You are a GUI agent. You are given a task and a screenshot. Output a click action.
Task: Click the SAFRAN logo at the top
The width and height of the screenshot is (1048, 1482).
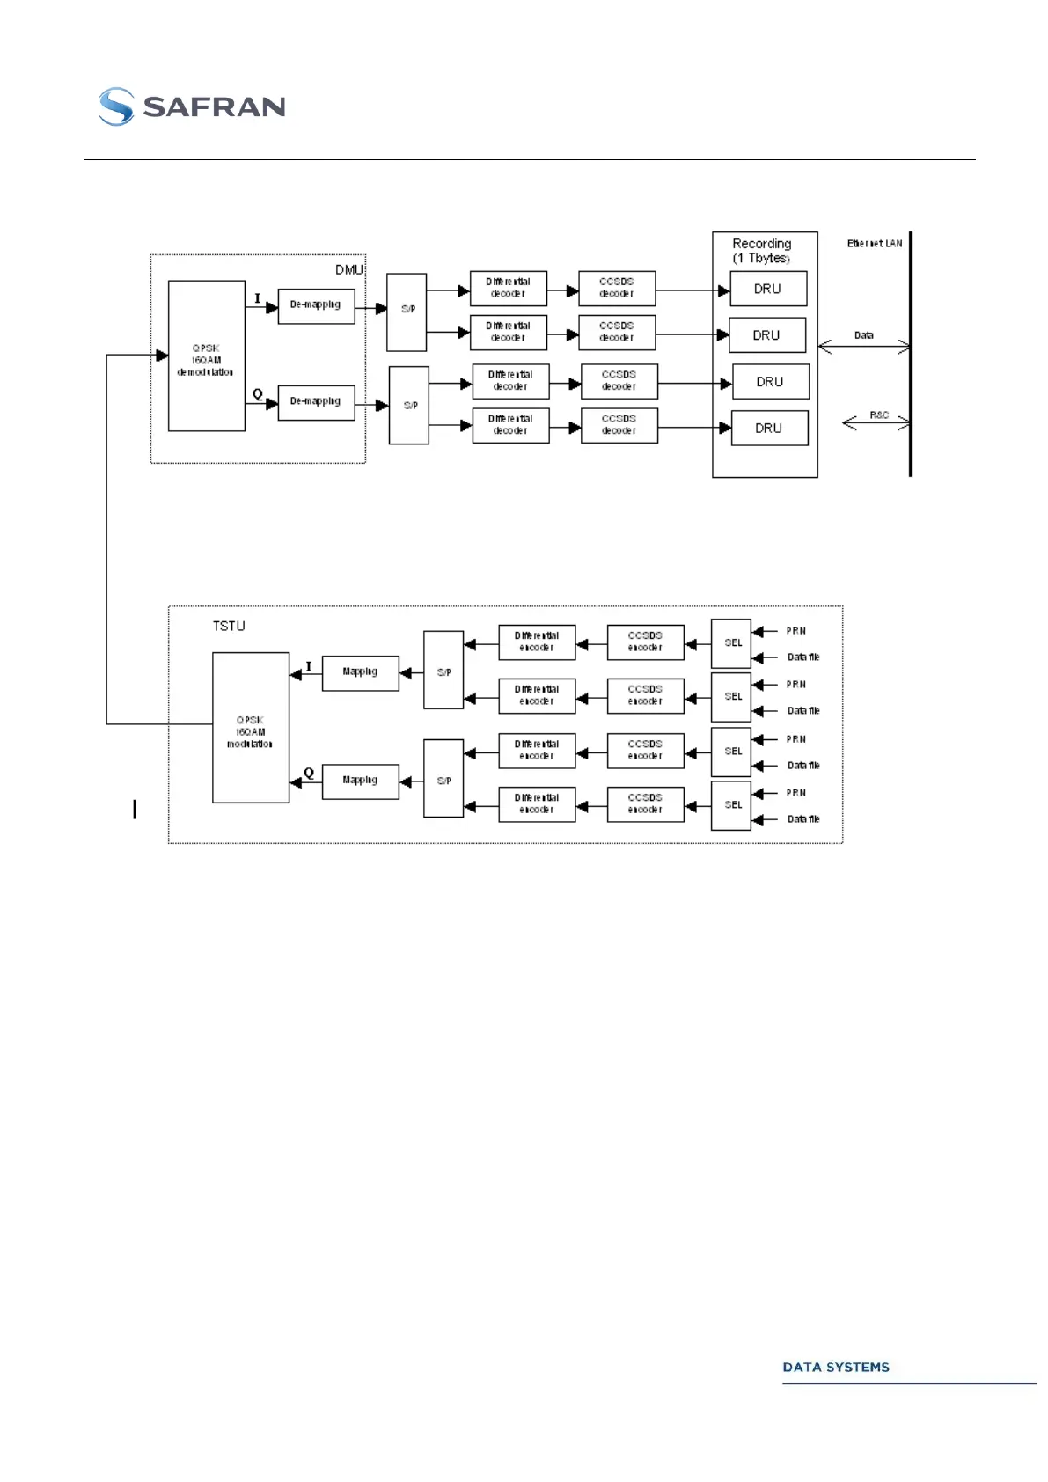[192, 106]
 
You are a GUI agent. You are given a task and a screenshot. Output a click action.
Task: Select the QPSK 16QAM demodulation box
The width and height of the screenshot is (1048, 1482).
[206, 356]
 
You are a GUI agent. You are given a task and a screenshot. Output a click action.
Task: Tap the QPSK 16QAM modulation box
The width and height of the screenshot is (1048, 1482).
[250, 728]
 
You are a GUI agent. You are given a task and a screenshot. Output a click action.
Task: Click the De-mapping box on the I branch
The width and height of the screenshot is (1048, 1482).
[316, 305]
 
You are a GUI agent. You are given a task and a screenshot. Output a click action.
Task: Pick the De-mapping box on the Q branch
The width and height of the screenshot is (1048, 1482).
[316, 402]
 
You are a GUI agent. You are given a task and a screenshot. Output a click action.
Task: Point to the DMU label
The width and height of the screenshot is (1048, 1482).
[348, 269]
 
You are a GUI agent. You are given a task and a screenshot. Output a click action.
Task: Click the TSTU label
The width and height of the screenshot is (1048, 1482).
[229, 626]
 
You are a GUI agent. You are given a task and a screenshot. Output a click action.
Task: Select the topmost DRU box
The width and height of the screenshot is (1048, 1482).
[767, 289]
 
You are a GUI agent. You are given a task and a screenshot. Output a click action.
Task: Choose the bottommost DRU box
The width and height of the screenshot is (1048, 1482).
[769, 428]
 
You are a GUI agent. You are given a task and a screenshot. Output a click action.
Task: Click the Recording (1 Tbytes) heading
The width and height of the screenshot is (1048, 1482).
[762, 251]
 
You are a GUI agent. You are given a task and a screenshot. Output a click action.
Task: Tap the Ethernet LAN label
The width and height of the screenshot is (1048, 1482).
[875, 244]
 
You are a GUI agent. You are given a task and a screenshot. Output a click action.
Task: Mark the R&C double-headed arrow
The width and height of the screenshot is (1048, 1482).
[876, 423]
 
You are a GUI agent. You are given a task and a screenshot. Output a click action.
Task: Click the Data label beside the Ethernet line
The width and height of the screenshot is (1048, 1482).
[864, 335]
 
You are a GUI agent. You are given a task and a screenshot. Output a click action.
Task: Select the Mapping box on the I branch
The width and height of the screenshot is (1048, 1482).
[360, 672]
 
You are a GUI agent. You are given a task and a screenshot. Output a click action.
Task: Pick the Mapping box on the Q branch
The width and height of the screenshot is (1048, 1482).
[360, 781]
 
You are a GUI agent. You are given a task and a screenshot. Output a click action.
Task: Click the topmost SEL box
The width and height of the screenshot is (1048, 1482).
[731, 643]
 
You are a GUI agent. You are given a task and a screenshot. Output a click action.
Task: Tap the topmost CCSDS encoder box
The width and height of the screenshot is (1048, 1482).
[645, 642]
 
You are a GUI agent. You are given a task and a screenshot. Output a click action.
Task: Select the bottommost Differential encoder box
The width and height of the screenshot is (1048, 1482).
[537, 803]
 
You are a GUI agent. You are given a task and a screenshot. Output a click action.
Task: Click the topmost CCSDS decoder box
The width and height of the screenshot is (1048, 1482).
[617, 288]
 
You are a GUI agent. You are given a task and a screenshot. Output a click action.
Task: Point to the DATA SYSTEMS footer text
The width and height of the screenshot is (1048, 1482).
[836, 1367]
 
